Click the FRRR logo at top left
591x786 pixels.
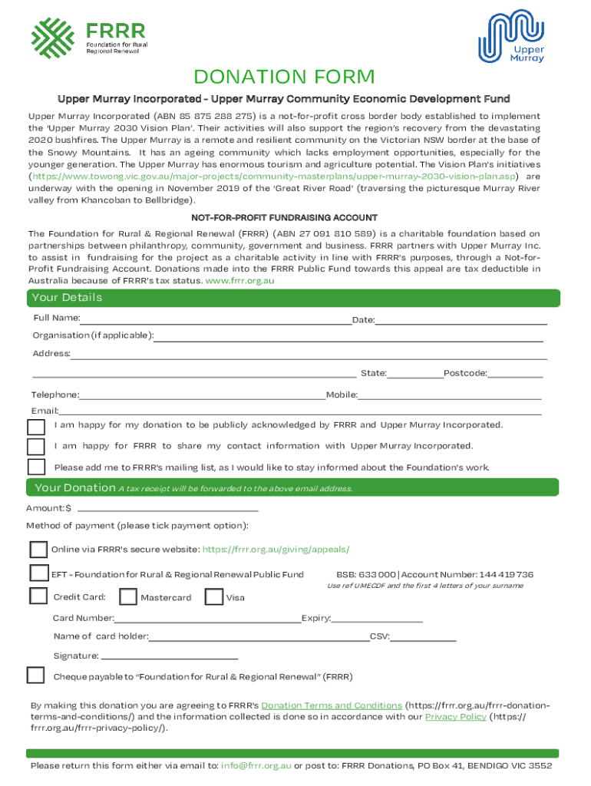[x=88, y=36]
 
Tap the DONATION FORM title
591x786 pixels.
[x=284, y=78]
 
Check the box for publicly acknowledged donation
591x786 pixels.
[x=36, y=427]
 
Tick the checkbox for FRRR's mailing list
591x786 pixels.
[x=36, y=467]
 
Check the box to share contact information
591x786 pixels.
[x=36, y=447]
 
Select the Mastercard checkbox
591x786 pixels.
[x=128, y=596]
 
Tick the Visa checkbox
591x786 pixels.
[x=214, y=596]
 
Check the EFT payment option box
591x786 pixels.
[x=38, y=573]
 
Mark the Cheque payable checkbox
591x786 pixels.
[x=36, y=675]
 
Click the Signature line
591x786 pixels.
[x=169, y=656]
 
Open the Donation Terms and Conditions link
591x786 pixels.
[x=332, y=705]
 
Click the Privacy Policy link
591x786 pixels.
[x=456, y=717]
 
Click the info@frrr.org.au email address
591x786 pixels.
[x=256, y=766]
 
